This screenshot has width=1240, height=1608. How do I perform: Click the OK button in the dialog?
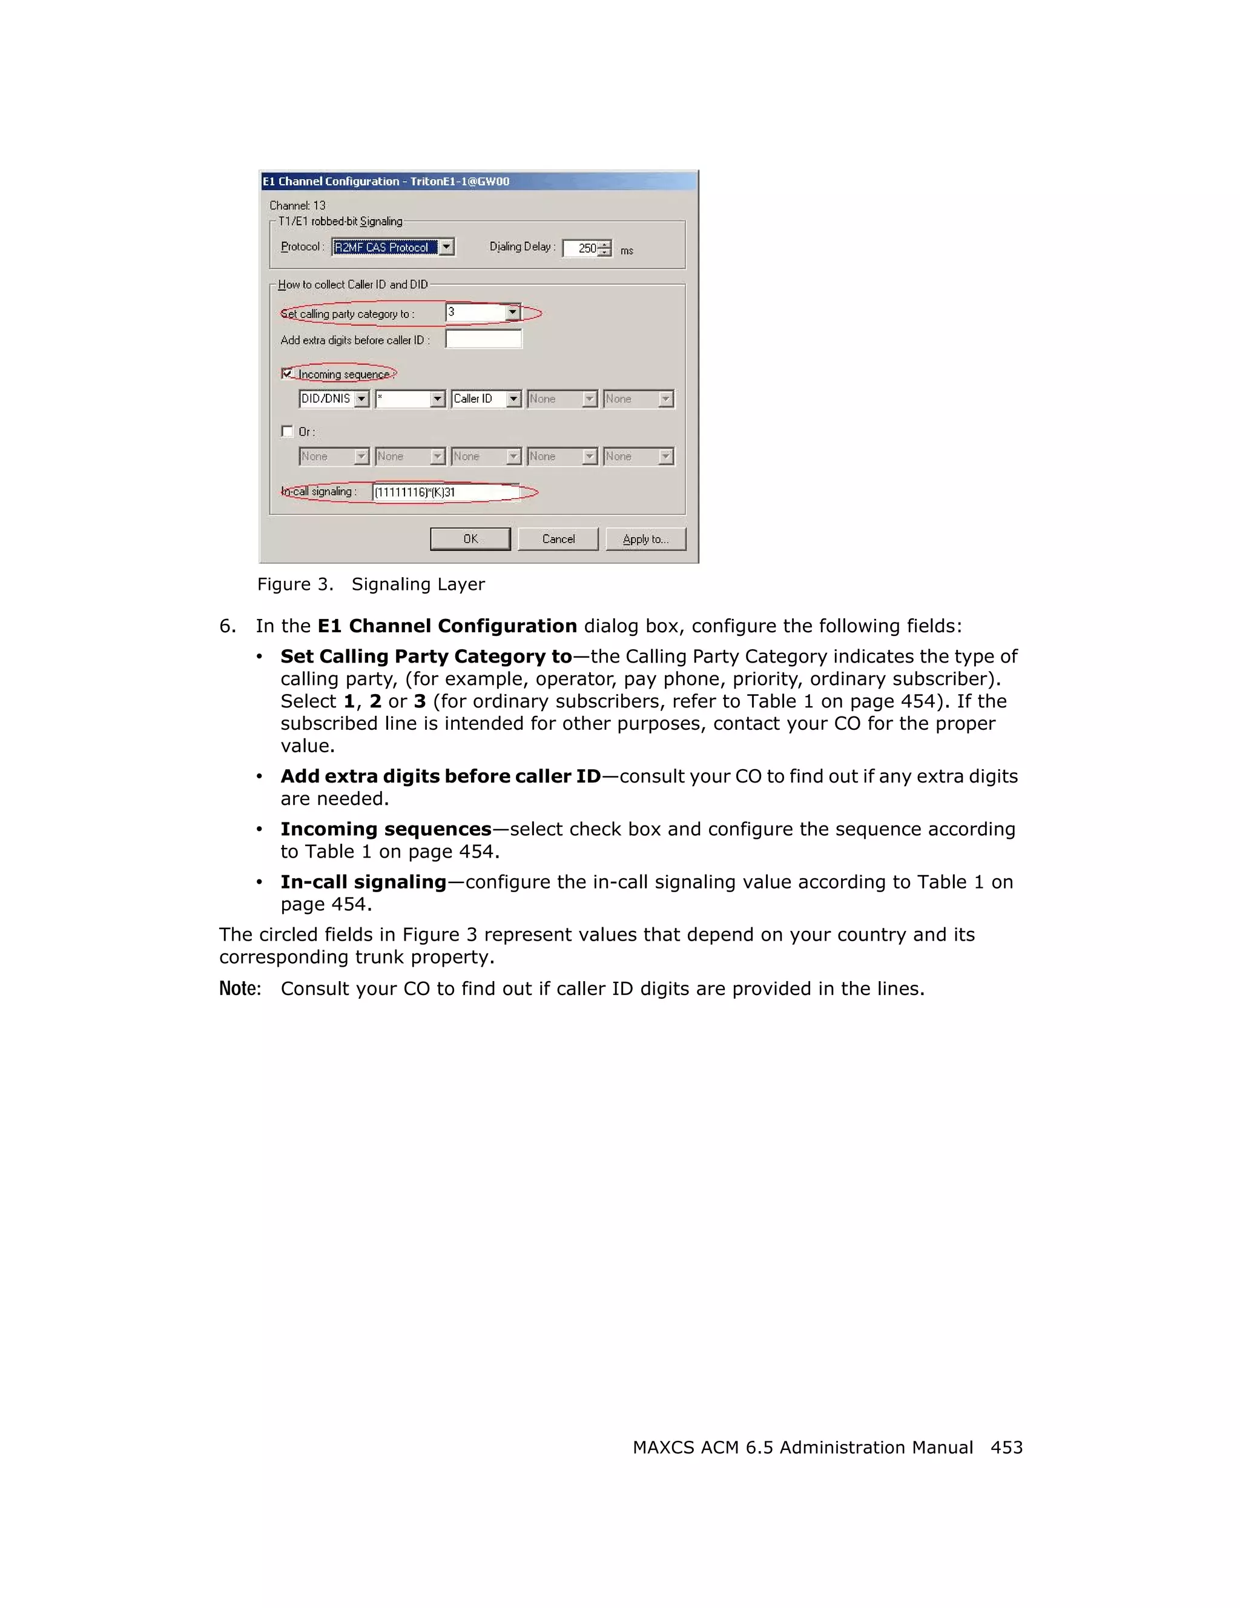point(470,539)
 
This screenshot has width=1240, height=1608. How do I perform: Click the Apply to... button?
point(645,539)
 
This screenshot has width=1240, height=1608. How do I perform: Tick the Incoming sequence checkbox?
point(287,373)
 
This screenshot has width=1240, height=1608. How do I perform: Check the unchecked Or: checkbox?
point(287,431)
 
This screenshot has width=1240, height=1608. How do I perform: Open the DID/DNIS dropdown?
point(334,399)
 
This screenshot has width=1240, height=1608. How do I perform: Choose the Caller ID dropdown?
point(486,399)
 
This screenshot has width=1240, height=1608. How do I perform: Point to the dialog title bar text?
point(386,181)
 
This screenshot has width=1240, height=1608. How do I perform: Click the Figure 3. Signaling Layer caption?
point(371,584)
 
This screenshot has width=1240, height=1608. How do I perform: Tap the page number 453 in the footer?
point(1006,1447)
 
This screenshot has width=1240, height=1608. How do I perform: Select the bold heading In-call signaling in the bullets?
point(363,881)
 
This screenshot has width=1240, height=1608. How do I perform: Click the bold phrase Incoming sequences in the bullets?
point(386,829)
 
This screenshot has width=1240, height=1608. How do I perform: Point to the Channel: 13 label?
point(297,205)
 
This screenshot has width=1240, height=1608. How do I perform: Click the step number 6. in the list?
point(228,626)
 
